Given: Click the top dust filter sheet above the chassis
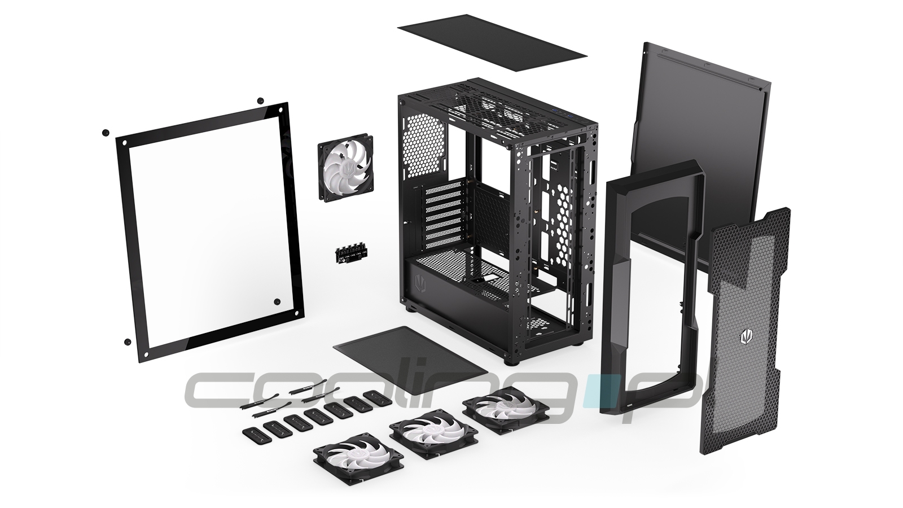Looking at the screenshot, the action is click(492, 42).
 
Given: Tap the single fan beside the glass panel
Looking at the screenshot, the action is click(345, 168).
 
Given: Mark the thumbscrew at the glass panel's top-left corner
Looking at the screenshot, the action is click(106, 133).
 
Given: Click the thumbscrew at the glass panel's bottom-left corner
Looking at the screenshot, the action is click(128, 341).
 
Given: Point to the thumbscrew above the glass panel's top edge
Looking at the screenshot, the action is click(260, 100).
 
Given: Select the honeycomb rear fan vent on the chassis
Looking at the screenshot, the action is click(426, 148).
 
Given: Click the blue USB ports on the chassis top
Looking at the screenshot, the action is click(564, 116).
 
